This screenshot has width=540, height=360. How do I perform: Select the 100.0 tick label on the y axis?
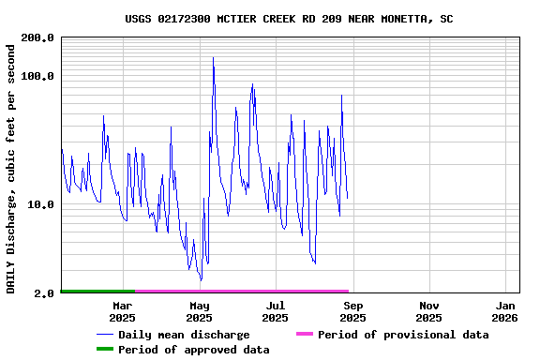38,76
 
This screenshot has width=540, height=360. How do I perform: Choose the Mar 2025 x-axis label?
122,311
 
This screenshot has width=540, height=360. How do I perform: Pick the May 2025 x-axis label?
199,311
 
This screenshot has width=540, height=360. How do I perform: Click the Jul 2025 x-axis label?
275,311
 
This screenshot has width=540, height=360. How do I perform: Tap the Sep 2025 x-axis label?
352,311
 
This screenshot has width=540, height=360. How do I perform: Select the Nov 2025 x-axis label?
429,311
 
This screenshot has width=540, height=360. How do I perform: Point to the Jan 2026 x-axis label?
506,311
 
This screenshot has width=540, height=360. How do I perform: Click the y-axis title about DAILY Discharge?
11,167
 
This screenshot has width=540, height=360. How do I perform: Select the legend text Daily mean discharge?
184,335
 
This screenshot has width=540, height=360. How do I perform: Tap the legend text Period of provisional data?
403,335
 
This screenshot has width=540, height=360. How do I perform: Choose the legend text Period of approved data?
193,350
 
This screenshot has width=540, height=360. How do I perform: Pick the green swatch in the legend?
104,350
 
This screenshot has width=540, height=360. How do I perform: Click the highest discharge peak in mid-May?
213,58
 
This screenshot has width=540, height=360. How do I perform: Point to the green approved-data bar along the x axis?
97,292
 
